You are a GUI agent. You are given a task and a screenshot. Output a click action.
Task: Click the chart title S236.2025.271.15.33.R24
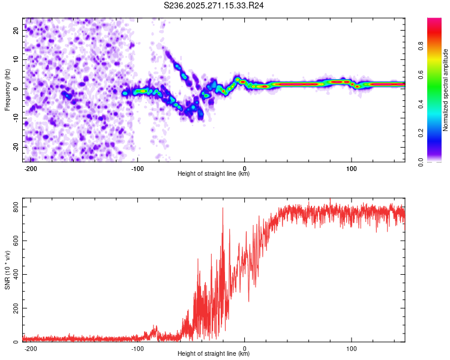(x=214, y=5)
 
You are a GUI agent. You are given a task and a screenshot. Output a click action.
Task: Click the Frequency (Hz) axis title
(x=7, y=90)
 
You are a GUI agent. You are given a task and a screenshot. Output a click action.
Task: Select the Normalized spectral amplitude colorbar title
(x=445, y=90)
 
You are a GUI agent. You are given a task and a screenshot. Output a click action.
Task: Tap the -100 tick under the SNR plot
(x=137, y=349)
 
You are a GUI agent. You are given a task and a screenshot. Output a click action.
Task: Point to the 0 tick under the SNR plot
(x=245, y=349)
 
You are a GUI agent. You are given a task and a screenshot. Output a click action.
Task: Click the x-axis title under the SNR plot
(x=214, y=355)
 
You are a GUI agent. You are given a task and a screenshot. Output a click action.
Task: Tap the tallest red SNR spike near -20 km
(x=223, y=209)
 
